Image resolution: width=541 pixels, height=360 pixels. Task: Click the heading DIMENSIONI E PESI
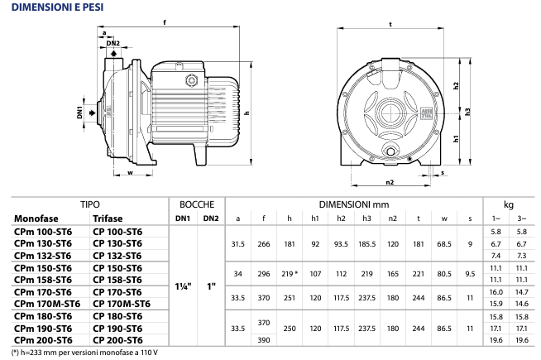[58, 7]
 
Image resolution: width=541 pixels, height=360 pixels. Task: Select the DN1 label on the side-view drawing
[79, 113]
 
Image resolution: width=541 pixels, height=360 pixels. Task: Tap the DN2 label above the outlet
[113, 43]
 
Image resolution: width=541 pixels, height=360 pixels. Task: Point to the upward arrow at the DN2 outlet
[113, 53]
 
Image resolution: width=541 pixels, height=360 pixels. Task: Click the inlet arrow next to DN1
[92, 113]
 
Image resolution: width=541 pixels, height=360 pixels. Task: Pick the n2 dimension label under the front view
[390, 182]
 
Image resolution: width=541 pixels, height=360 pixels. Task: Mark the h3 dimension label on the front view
[467, 112]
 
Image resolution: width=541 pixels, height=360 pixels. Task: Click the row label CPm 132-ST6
[42, 256]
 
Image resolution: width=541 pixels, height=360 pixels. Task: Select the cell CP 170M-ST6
[122, 304]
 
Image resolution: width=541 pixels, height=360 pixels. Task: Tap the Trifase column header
[108, 218]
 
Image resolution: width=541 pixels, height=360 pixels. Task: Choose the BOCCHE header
[197, 204]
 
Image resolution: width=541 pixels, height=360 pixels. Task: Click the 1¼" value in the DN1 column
[183, 286]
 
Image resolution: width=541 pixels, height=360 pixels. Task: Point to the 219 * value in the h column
[290, 274]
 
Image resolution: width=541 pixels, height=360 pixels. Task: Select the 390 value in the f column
[264, 340]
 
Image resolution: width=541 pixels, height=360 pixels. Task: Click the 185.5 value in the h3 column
[366, 244]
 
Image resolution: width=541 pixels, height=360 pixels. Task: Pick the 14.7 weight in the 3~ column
[522, 292]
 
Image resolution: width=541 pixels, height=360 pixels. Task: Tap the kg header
[509, 204]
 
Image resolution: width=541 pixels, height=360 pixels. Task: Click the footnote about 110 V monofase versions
[85, 353]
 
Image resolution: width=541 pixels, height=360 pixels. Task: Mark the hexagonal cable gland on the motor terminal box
[191, 81]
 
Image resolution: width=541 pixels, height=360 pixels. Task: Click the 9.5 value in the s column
[470, 274]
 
